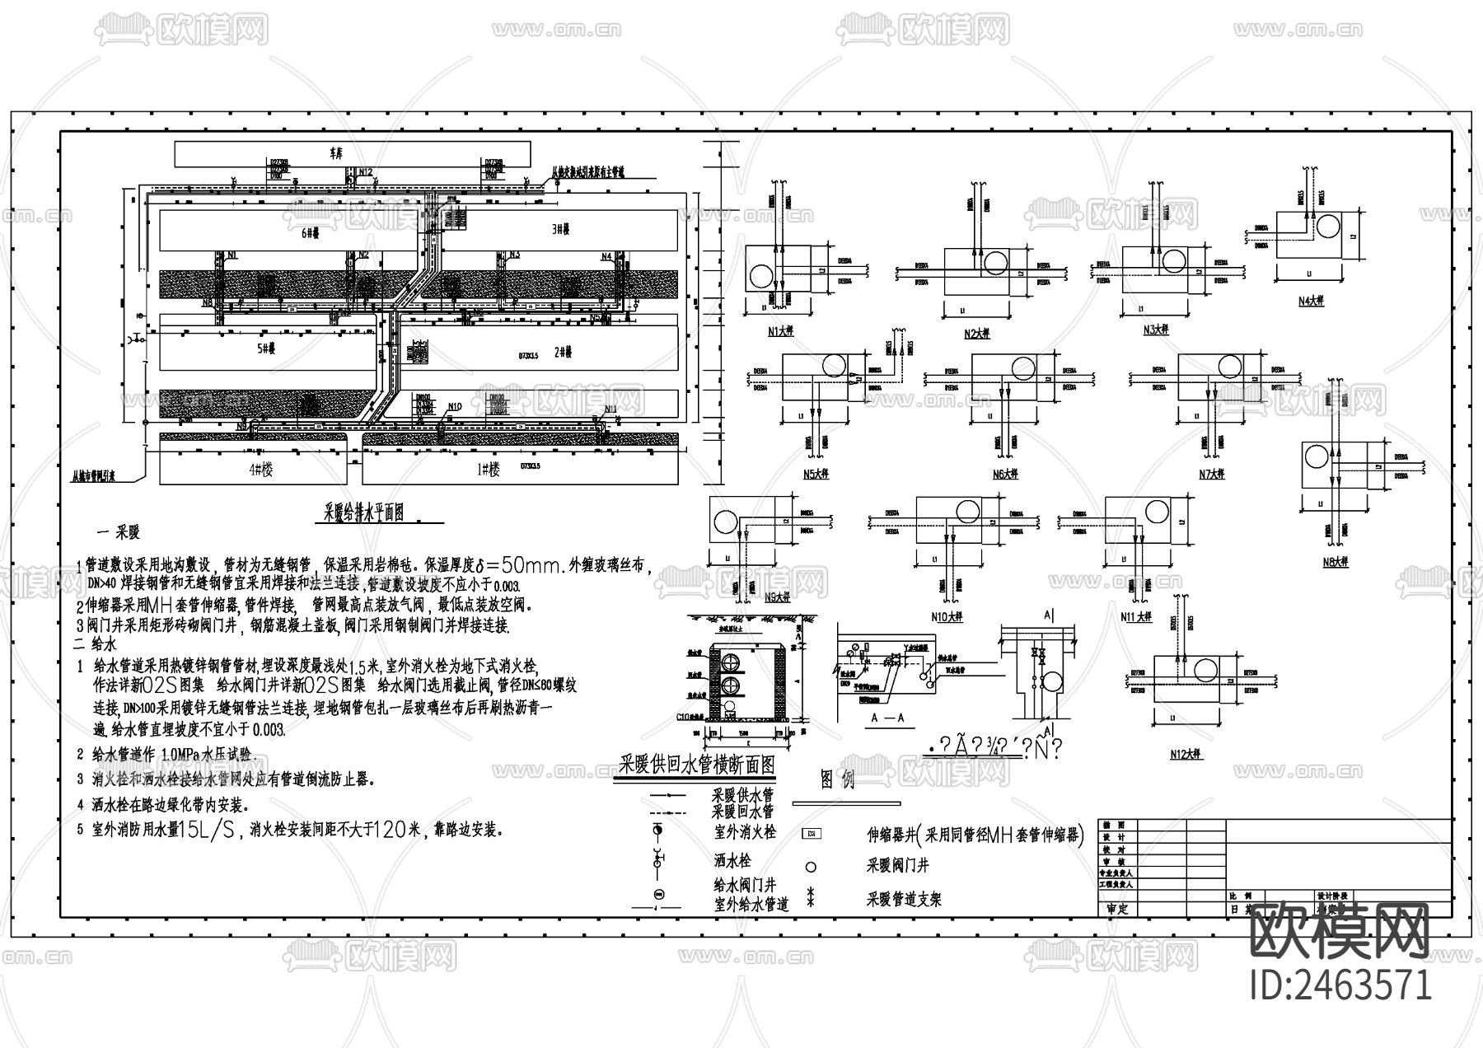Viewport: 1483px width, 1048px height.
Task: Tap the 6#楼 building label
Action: tap(310, 232)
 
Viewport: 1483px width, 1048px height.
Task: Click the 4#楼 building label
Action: tap(260, 470)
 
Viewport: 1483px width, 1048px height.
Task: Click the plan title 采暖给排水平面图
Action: tap(363, 512)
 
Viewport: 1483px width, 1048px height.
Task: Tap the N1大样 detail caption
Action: tap(779, 333)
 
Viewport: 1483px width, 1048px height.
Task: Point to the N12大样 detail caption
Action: tap(1186, 754)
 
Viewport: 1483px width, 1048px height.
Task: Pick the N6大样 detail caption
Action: tap(1005, 474)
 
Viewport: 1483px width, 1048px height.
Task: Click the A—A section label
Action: tap(887, 718)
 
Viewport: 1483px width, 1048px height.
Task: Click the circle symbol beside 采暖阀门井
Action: tap(811, 867)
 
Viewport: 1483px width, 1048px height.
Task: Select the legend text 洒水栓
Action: tap(733, 861)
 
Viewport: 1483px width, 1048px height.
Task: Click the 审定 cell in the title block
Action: tap(1117, 910)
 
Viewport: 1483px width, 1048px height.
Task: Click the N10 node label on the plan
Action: tap(455, 406)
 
